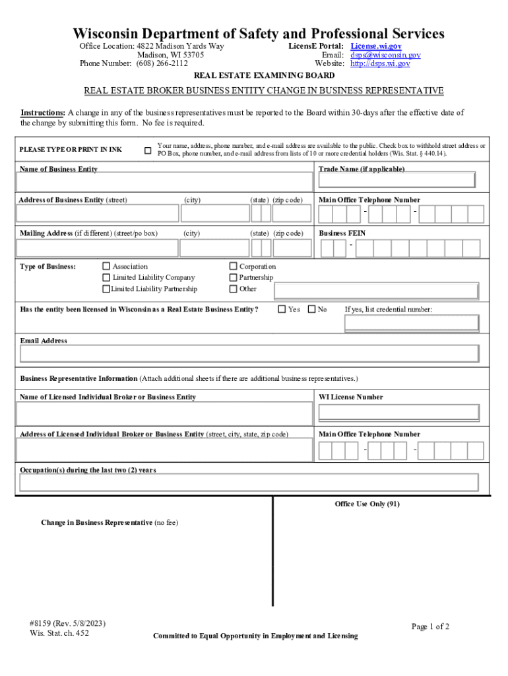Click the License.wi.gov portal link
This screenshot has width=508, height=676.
point(375,46)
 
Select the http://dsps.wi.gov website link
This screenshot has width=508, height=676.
point(380,64)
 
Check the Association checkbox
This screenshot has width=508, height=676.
point(106,267)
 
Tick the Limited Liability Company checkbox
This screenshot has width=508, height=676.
point(106,278)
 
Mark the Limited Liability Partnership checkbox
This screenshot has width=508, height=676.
point(106,289)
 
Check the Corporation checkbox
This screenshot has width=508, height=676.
point(233,267)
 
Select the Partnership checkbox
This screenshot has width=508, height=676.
point(233,278)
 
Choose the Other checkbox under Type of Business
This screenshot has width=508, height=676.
point(233,289)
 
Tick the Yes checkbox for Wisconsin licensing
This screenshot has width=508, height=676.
point(282,309)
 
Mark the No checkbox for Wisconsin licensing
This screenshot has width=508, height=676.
point(312,309)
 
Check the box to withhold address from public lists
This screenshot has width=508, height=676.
point(148,150)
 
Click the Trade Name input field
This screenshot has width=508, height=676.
point(398,180)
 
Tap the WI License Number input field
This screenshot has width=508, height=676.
point(398,413)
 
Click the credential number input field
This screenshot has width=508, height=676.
point(412,322)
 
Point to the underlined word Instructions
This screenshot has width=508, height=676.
point(42,113)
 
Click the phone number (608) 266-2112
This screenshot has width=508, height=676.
point(162,64)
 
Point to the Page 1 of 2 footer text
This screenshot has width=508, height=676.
point(430,626)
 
